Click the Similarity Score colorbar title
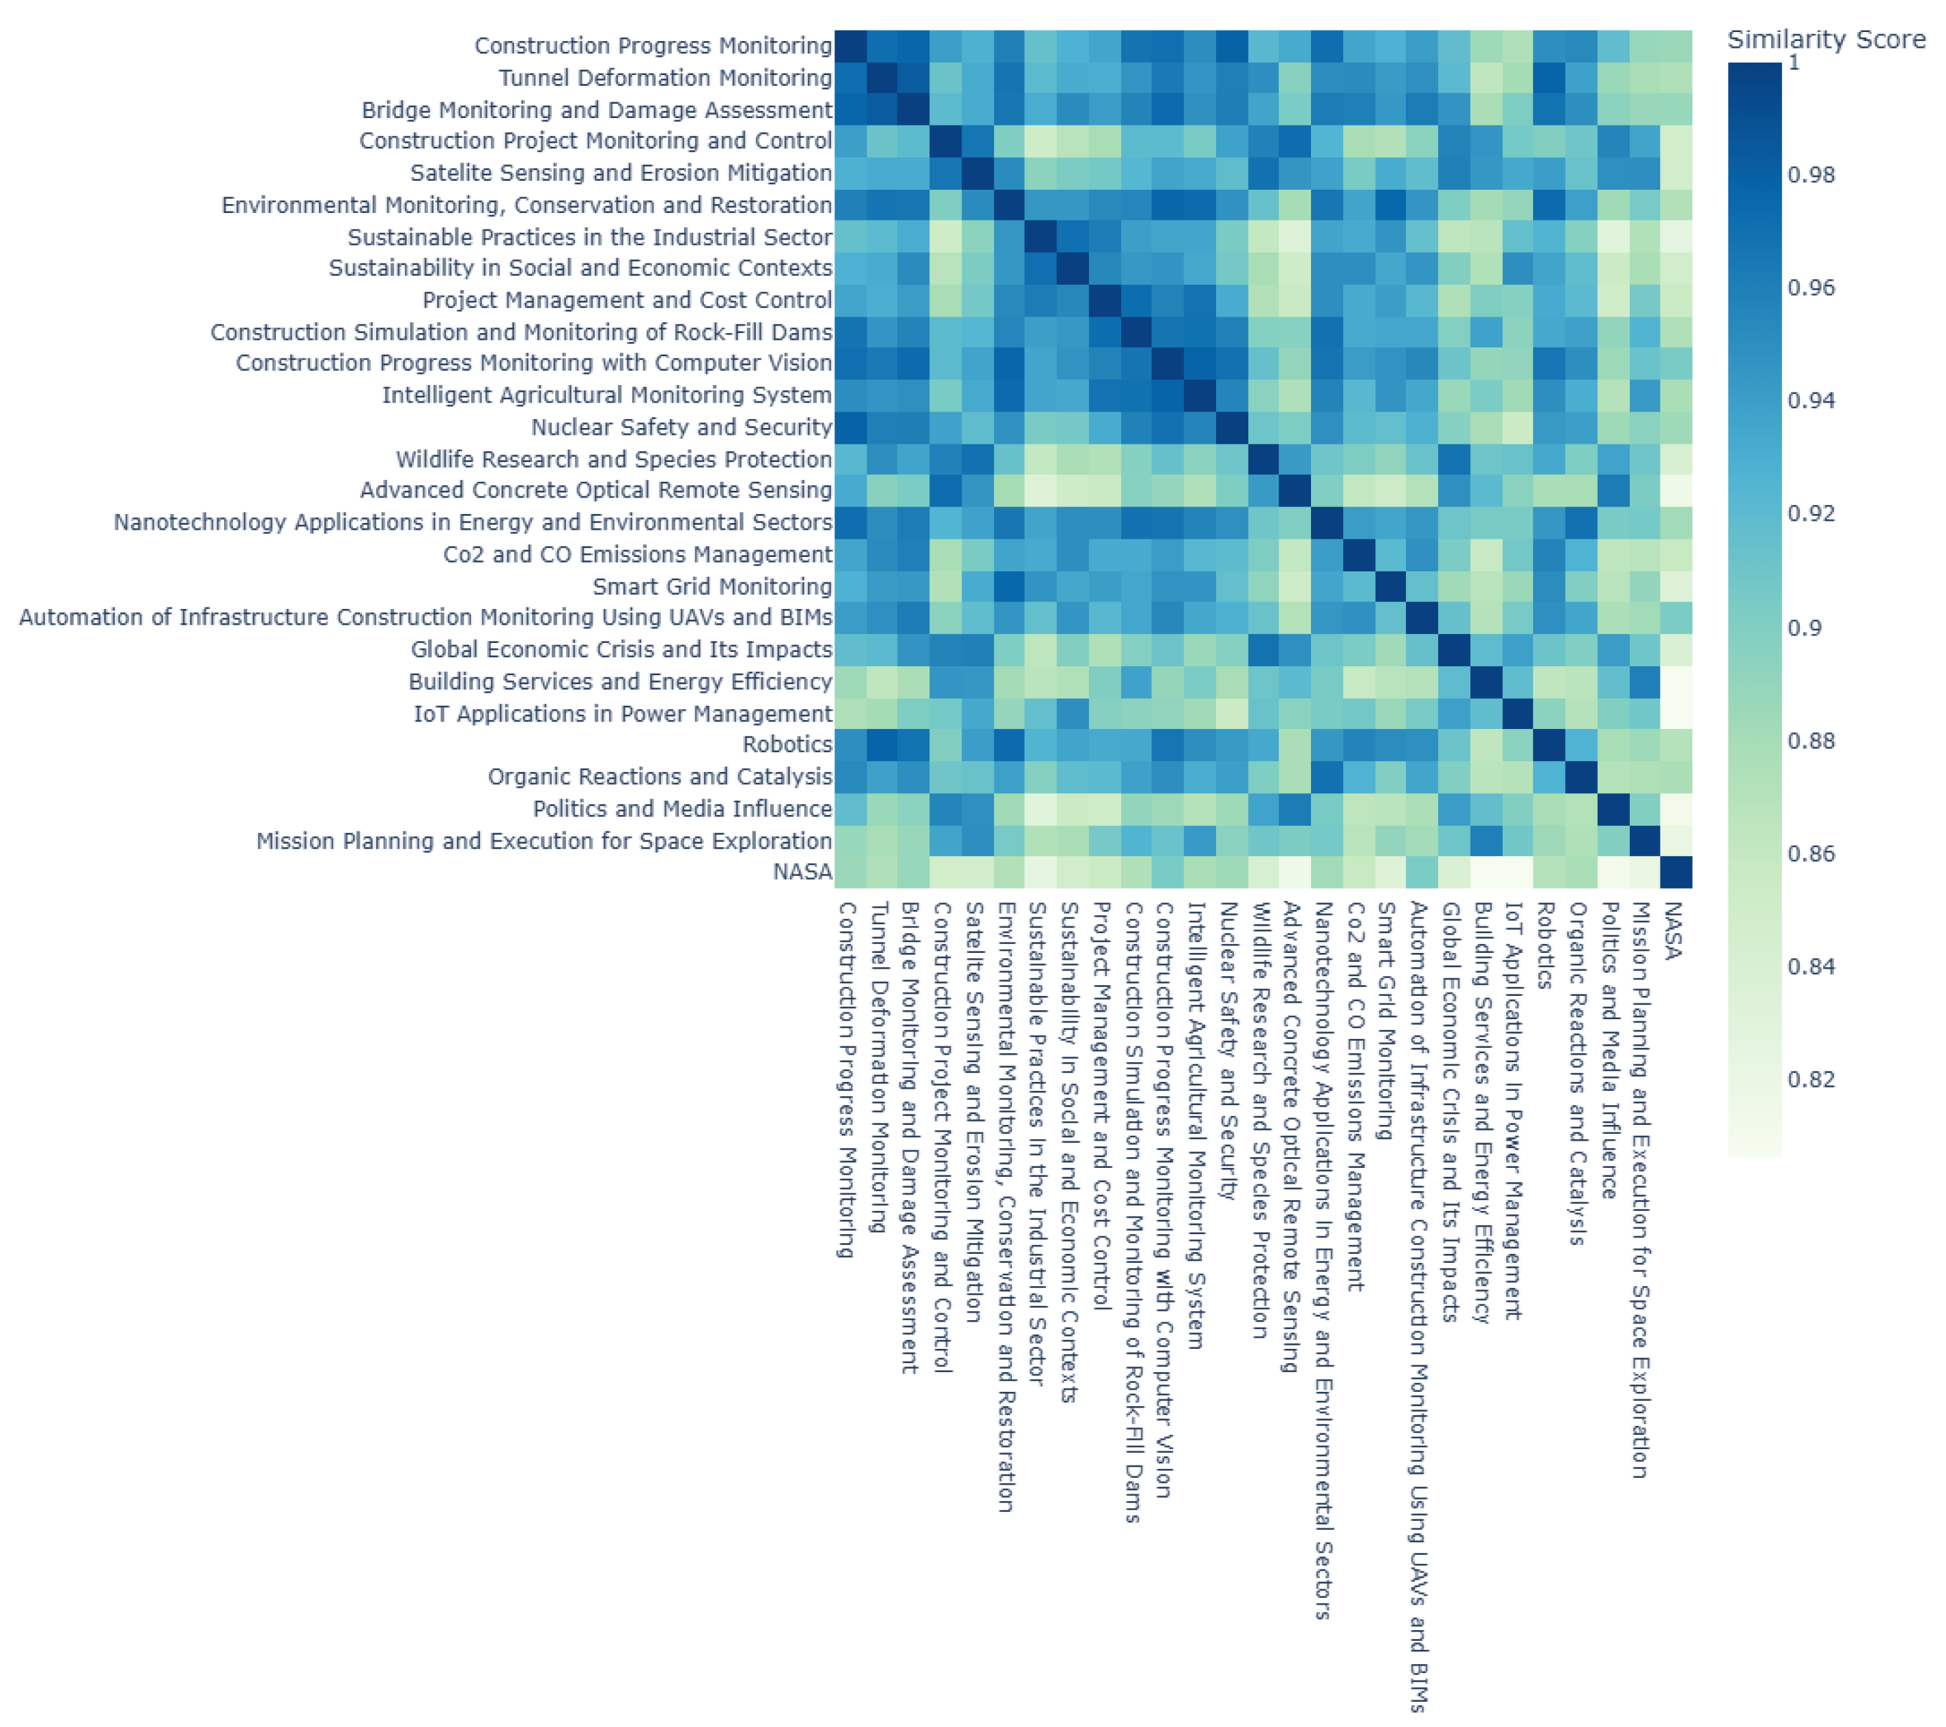click(x=1826, y=40)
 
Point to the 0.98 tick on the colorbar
click(x=1811, y=174)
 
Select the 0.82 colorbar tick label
click(x=1811, y=1080)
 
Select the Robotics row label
click(x=787, y=745)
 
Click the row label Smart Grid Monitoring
click(x=712, y=586)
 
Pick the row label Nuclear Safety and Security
click(x=681, y=427)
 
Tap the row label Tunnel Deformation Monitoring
click(x=666, y=78)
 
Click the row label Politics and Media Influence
click(x=683, y=808)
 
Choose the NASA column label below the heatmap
click(x=1674, y=930)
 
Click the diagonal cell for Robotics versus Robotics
click(x=1549, y=745)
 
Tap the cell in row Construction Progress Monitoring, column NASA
click(x=1676, y=46)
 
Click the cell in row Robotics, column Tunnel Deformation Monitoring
click(x=883, y=745)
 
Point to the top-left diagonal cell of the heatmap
click(x=851, y=46)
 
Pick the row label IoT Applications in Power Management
click(x=623, y=713)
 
